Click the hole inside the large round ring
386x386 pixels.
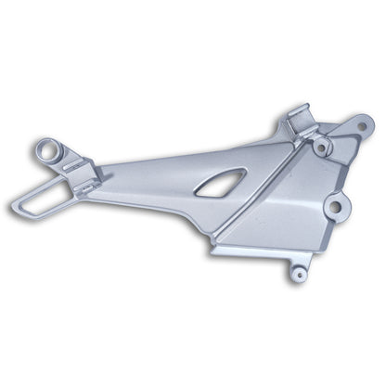pyautogui.click(x=46, y=148)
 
